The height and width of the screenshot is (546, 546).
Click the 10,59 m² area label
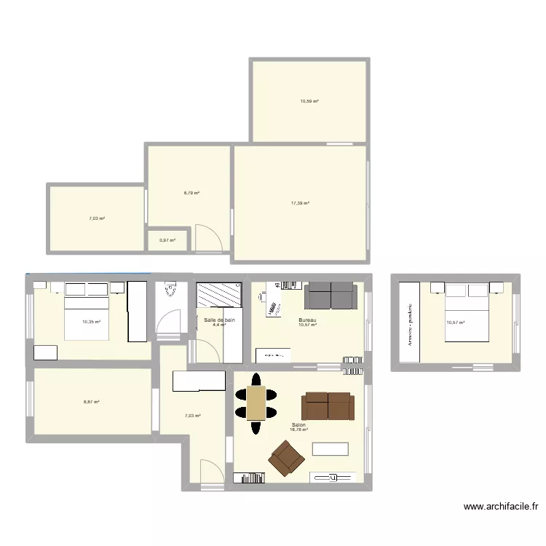(x=309, y=101)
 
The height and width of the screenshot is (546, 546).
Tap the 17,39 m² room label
(x=300, y=203)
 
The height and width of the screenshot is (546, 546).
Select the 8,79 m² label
(x=191, y=193)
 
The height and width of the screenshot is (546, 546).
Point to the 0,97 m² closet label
(x=167, y=240)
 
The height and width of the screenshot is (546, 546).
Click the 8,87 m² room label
(x=91, y=402)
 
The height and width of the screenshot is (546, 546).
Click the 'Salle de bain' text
(x=219, y=320)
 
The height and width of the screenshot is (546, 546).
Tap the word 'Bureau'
(x=307, y=320)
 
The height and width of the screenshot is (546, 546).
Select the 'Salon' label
(x=298, y=425)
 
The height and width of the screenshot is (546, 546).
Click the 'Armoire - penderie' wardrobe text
(x=411, y=323)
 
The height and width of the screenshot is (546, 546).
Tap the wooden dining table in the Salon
(x=256, y=403)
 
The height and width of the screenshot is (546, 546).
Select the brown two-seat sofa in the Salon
(x=328, y=406)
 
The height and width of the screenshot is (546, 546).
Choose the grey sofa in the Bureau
(x=331, y=296)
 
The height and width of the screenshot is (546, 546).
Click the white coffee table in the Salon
(x=330, y=449)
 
